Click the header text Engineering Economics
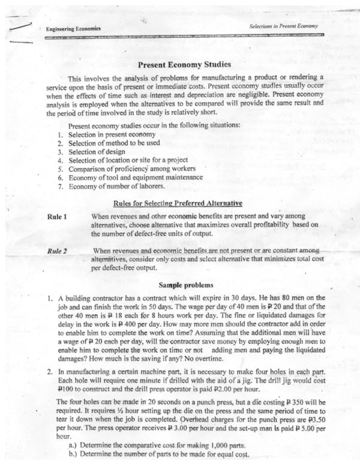[x=71, y=29]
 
